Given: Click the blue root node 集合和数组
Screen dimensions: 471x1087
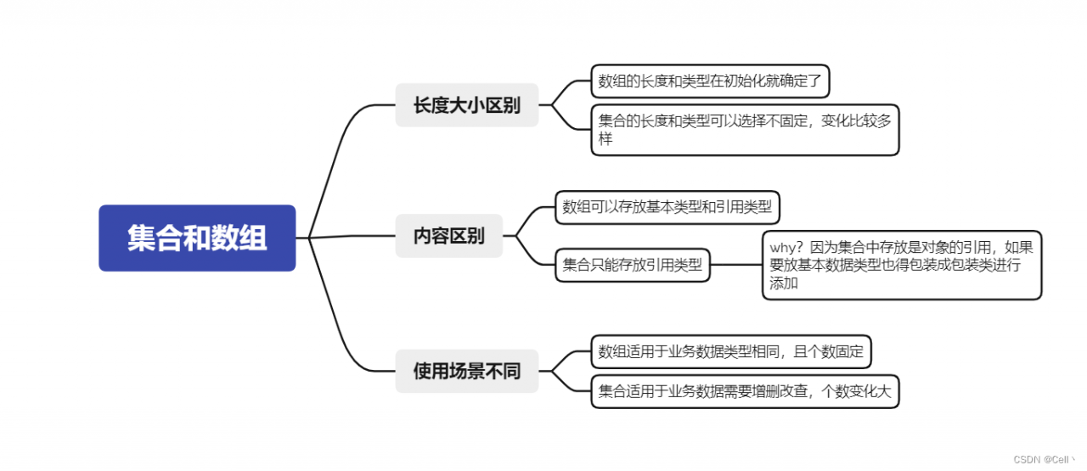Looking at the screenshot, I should (197, 238).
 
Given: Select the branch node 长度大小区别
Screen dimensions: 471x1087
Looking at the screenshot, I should (466, 105).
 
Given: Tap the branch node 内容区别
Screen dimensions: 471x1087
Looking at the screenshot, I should (448, 236).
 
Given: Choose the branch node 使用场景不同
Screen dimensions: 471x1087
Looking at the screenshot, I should (466, 371).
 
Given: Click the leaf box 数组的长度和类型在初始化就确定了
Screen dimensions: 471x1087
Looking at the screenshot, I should (710, 81).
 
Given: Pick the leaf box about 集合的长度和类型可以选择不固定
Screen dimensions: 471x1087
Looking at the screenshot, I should (744, 130).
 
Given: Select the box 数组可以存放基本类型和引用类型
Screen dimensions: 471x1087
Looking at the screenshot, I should (667, 207).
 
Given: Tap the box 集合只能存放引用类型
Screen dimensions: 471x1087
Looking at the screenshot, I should (633, 265).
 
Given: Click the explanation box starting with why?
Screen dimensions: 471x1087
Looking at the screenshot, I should (901, 265).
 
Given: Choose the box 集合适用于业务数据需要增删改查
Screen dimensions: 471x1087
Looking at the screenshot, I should (744, 391).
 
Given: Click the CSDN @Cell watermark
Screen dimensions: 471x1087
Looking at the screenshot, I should (1045, 459).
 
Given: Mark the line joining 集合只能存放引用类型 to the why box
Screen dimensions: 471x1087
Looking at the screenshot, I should (735, 265).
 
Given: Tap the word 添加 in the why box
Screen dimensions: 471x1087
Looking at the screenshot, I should (784, 283).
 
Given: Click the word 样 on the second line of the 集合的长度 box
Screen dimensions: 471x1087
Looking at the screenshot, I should (605, 139).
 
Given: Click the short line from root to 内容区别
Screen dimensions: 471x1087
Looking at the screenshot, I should (348, 236).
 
